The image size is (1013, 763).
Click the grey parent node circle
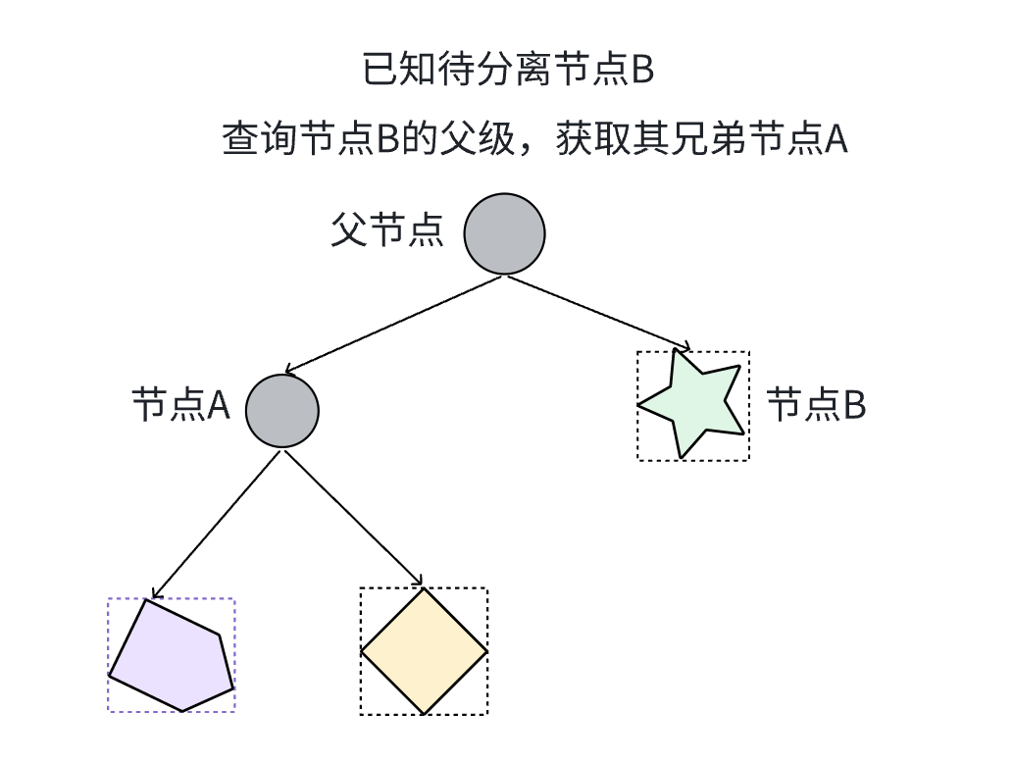pyautogui.click(x=503, y=233)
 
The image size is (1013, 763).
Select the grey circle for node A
pyautogui.click(x=282, y=410)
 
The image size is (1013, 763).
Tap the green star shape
pyautogui.click(x=694, y=404)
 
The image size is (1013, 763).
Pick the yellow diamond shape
pyautogui.click(x=424, y=651)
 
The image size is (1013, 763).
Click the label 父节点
pyautogui.click(x=387, y=231)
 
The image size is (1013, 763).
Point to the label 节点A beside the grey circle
pyautogui.click(x=180, y=405)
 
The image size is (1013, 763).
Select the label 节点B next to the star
pyautogui.click(x=816, y=404)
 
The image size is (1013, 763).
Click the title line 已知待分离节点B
pyautogui.click(x=508, y=71)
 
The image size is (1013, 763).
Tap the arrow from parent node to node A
pyautogui.click(x=392, y=324)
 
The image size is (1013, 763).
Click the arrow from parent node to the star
pyautogui.click(x=598, y=312)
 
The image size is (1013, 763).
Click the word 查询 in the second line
pyautogui.click(x=259, y=139)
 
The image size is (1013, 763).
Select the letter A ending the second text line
pyautogui.click(x=835, y=140)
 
